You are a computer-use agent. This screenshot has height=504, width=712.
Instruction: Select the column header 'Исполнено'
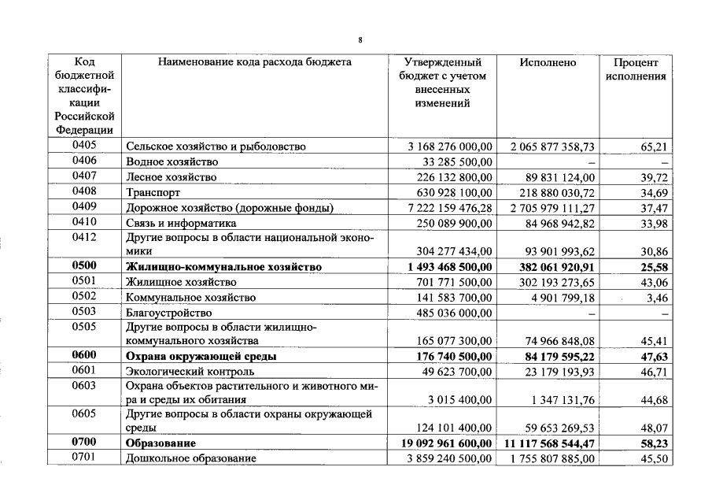548,62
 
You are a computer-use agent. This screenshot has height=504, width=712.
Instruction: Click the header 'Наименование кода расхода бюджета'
254,62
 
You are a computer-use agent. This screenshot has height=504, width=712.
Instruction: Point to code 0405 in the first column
84,146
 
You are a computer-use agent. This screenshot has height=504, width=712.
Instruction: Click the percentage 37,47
655,208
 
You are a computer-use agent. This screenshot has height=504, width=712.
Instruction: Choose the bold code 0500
84,266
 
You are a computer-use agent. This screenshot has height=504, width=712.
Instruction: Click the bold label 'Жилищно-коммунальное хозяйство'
223,268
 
